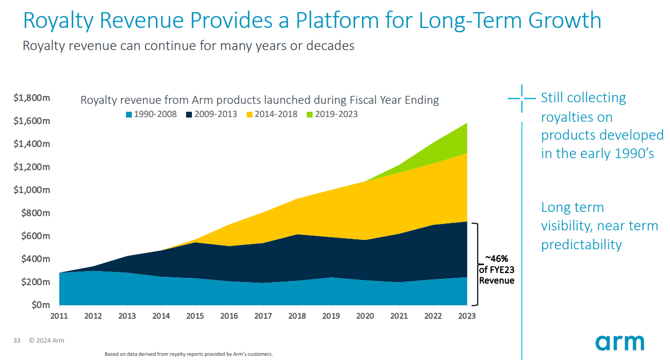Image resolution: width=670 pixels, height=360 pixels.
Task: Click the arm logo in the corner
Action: (619, 342)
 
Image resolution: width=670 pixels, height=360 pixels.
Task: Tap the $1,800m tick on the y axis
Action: (32, 98)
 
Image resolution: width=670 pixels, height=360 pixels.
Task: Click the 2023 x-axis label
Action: (467, 316)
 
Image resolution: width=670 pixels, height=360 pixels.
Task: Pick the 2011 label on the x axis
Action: (59, 316)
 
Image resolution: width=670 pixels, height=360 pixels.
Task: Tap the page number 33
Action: (16, 341)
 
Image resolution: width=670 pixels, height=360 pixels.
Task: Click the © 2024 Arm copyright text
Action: (47, 341)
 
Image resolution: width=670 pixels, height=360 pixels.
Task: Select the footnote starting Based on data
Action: (189, 354)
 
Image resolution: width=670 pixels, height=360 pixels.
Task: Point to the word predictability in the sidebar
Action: (581, 245)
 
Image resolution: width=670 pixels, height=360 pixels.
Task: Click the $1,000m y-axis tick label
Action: (32, 190)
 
